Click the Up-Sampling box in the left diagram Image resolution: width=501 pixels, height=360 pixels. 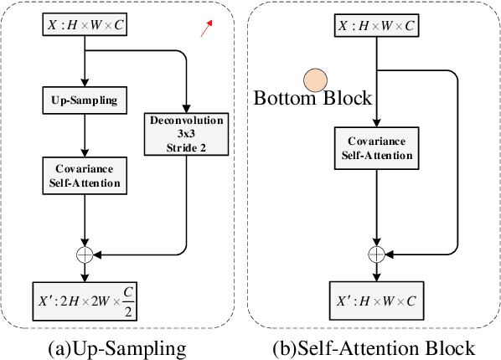85,102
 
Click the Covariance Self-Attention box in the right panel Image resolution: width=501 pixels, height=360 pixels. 376,148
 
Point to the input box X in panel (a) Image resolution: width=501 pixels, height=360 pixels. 84,27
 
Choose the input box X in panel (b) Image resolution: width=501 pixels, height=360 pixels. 376,27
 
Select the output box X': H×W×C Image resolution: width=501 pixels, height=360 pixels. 376,298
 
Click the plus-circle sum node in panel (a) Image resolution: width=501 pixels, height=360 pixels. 85,253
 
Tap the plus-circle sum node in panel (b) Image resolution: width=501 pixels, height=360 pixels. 376,253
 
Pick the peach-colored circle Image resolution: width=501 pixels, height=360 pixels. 316,80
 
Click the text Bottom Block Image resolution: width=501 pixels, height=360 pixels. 312,99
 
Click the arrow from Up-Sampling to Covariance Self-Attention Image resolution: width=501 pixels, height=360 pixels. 85,134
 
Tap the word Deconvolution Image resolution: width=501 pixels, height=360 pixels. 187,121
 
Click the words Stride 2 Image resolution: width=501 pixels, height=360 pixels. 187,148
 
